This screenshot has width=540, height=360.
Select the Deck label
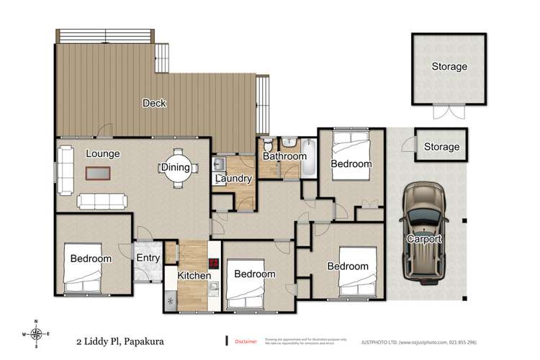(x=154, y=103)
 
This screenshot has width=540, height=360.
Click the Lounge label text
(x=103, y=153)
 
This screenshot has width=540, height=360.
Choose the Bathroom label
(x=284, y=156)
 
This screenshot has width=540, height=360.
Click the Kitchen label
(x=194, y=275)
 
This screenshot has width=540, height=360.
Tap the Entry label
(x=148, y=258)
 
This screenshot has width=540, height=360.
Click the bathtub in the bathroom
(x=308, y=157)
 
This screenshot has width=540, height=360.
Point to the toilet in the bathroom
(x=267, y=143)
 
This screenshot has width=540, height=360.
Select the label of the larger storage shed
(x=449, y=67)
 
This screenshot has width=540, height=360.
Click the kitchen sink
(x=214, y=289)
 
